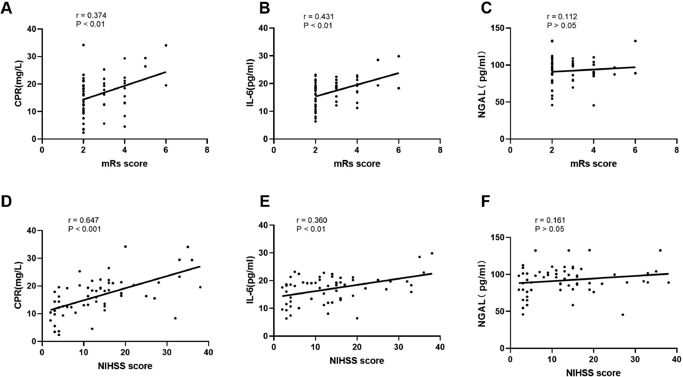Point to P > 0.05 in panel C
tap(562, 26)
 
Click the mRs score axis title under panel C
tap(593, 163)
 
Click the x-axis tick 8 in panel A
tap(207, 150)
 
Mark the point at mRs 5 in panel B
tap(378, 60)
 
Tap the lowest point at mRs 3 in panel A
tap(104, 123)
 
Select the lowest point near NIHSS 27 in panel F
tap(623, 315)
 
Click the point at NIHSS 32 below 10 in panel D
tap(175, 318)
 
